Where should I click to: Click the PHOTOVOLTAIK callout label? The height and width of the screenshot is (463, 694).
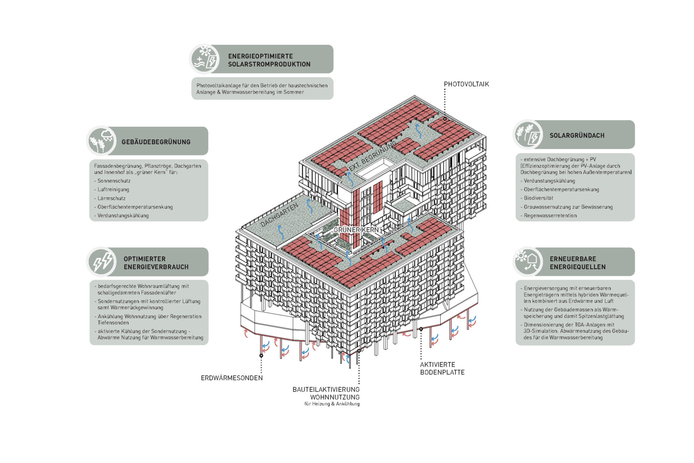pyautogui.click(x=466, y=84)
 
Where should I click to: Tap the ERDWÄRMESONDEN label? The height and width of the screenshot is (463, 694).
pyautogui.click(x=231, y=378)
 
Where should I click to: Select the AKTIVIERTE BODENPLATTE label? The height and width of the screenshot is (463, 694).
pyautogui.click(x=442, y=368)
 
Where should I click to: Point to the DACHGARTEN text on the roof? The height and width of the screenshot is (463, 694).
pyautogui.click(x=279, y=216)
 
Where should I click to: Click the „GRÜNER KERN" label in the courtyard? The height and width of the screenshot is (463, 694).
pyautogui.click(x=356, y=230)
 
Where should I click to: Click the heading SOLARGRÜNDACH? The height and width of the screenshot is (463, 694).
pyautogui.click(x=577, y=135)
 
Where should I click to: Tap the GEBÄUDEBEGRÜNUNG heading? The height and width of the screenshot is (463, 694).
pyautogui.click(x=156, y=142)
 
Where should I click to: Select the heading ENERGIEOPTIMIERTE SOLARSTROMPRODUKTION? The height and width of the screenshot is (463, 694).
pyautogui.click(x=269, y=60)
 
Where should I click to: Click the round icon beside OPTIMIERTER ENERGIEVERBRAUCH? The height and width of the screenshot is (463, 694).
pyautogui.click(x=102, y=262)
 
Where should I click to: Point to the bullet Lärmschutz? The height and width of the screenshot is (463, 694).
pyautogui.click(x=111, y=198)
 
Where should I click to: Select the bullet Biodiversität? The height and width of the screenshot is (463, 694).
pyautogui.click(x=538, y=198)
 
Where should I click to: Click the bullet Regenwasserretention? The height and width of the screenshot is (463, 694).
pyautogui.click(x=550, y=216)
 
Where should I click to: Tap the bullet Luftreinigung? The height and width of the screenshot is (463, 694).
pyautogui.click(x=113, y=190)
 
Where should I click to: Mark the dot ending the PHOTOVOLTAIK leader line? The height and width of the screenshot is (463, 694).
pyautogui.click(x=445, y=119)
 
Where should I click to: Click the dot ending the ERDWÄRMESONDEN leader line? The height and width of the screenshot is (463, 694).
pyautogui.click(x=261, y=356)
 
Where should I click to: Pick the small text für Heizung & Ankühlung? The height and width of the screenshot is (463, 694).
pyautogui.click(x=332, y=404)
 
